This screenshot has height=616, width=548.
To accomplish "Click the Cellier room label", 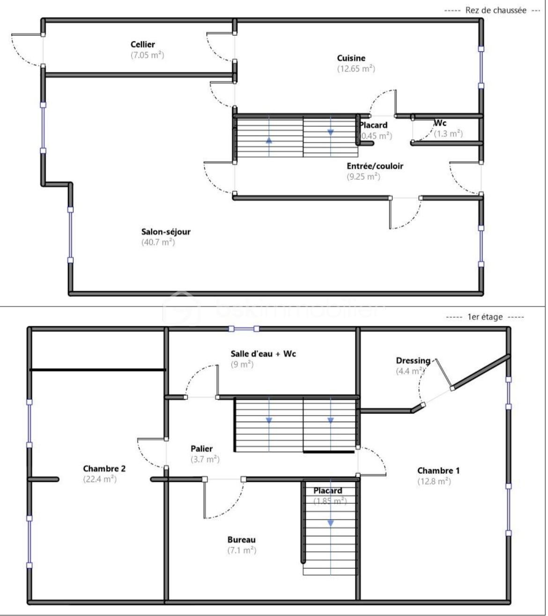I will pos(143,44).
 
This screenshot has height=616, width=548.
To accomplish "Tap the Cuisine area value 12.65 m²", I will pos(356,68).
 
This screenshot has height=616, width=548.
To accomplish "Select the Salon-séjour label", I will pos(166,232).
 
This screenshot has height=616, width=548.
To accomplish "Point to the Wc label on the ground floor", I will pos(440,123).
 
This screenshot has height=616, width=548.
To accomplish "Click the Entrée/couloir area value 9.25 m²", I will pos(363,176).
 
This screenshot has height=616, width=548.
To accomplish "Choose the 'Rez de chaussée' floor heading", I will pos(496,10).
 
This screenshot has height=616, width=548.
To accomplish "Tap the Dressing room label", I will pos(413,360).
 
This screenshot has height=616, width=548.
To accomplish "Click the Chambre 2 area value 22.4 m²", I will pos(100,479).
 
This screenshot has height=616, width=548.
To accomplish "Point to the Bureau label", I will pos(242,540).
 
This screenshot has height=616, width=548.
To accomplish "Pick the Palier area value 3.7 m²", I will pos(205,459).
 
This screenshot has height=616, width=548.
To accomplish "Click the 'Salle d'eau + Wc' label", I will pos(263,354).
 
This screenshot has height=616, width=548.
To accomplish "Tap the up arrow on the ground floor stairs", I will pos(269,139).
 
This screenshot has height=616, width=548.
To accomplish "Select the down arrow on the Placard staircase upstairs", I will pos(331,523).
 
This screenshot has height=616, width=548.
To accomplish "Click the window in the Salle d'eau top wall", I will pos(244,329).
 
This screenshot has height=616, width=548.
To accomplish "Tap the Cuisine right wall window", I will pos(481,67).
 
